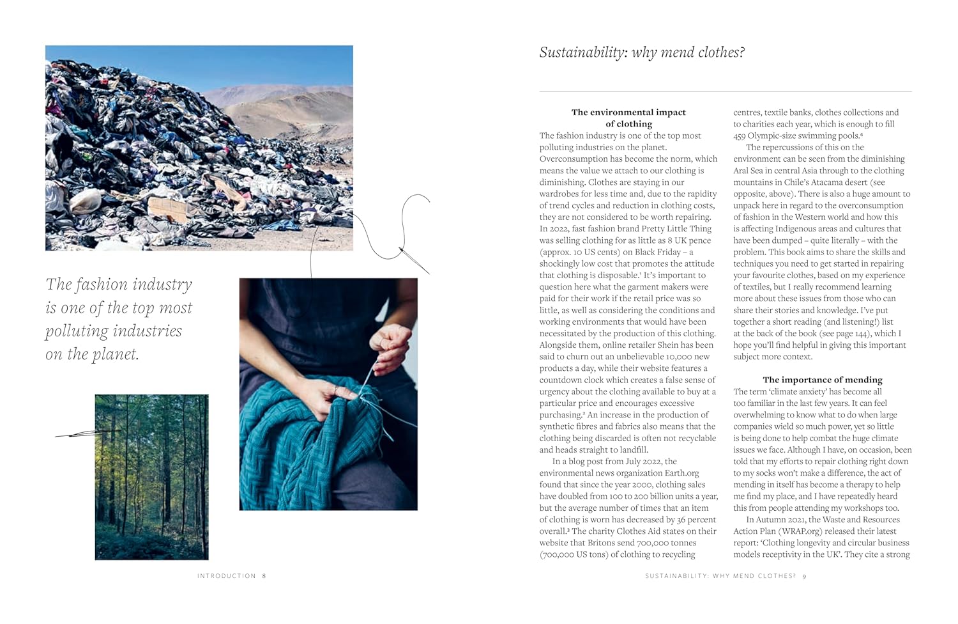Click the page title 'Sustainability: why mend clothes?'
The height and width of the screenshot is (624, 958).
click(x=642, y=52)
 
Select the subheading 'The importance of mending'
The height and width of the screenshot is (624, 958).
click(x=822, y=380)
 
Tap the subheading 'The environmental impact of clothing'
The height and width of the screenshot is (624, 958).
click(x=628, y=118)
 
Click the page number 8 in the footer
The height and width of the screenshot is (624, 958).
click(x=264, y=576)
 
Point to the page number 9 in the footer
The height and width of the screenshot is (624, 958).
click(x=804, y=576)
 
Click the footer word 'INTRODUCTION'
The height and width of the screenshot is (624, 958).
click(x=226, y=576)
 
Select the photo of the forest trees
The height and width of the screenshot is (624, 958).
click(x=151, y=476)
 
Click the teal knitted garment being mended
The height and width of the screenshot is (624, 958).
click(x=307, y=441)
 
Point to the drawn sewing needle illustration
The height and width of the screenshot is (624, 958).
click(x=414, y=260)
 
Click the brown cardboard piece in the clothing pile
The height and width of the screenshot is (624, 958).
click(x=167, y=210)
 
